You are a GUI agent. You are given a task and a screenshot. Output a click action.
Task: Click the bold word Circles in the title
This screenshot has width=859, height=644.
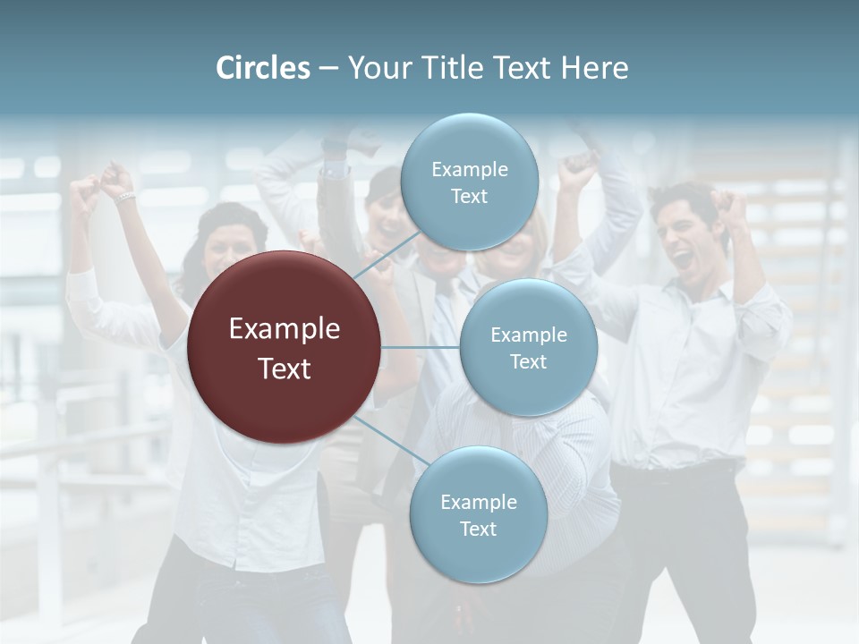[x=262, y=68]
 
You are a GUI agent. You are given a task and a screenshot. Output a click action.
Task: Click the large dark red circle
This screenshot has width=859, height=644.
[x=285, y=347]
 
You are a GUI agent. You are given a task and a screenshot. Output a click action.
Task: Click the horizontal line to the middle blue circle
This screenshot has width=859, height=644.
[x=421, y=347]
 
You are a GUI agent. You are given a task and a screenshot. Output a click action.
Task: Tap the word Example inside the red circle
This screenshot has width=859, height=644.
[x=285, y=329]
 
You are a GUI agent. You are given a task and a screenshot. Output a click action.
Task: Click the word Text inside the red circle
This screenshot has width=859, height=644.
[x=285, y=368]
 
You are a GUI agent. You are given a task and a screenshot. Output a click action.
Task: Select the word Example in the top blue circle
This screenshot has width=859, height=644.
[x=470, y=170]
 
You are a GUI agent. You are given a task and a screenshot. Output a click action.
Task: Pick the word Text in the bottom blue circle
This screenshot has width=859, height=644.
[x=478, y=529]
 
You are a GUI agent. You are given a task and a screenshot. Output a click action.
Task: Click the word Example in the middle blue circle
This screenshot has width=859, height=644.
[x=529, y=335]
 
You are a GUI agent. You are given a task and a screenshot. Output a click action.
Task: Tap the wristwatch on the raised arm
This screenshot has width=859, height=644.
[x=124, y=196]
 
